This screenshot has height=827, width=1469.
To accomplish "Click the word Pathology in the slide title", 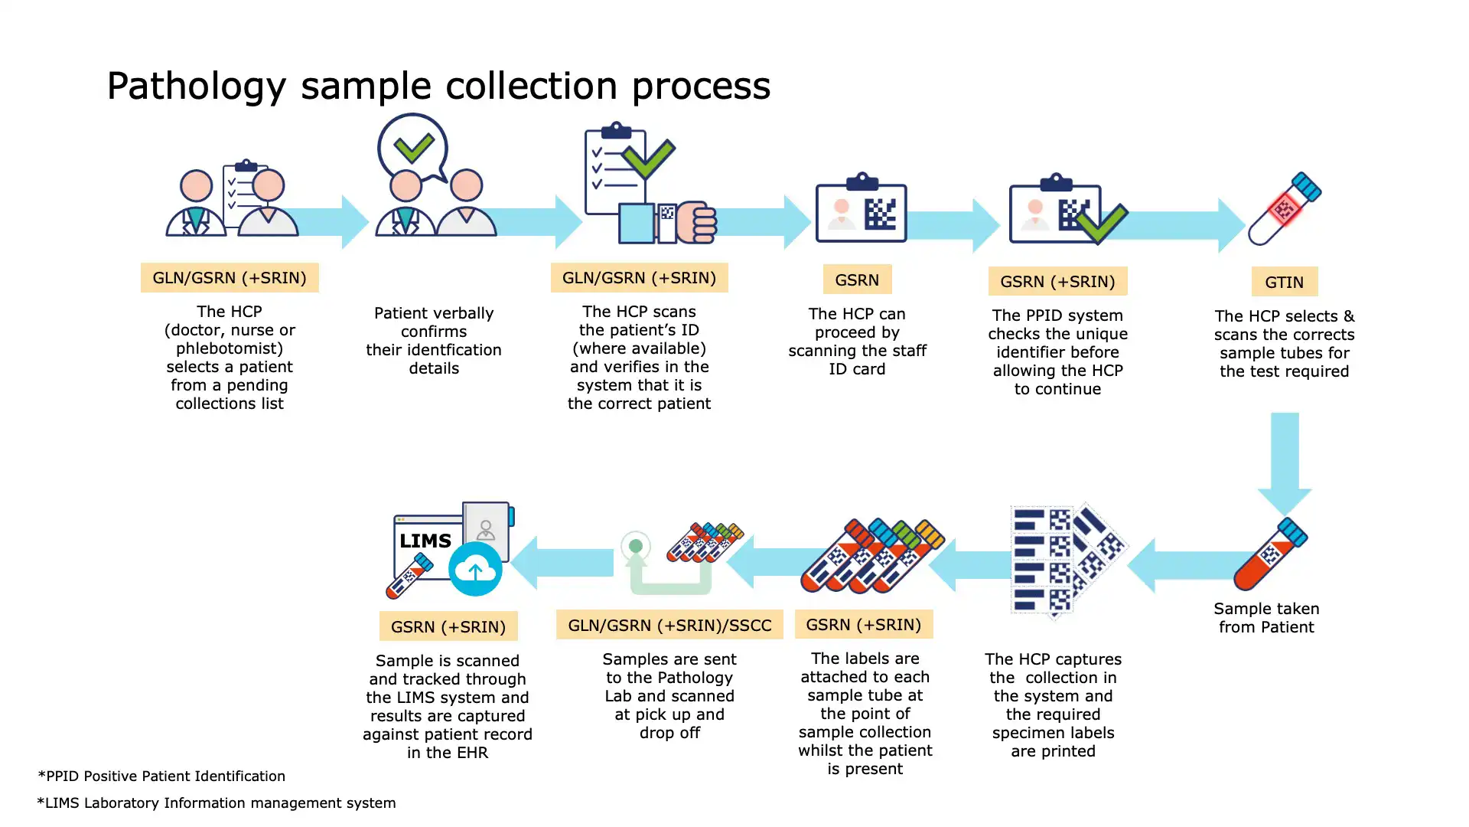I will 196,86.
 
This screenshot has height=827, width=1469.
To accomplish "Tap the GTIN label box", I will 1284,282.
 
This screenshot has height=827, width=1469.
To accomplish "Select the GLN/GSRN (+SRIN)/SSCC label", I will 669,625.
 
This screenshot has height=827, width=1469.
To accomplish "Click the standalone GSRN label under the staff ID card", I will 857,279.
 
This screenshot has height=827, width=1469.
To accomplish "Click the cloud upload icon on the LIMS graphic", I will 475,569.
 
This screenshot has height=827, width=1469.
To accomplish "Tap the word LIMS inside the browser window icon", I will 425,541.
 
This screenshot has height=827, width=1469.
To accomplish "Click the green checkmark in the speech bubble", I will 414,147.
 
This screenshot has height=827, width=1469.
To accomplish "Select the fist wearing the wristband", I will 695,222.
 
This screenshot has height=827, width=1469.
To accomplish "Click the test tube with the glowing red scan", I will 1285,208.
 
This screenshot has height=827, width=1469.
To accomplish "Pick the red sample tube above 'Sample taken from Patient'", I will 1269,554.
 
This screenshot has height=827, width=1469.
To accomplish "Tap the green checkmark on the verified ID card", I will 1102,223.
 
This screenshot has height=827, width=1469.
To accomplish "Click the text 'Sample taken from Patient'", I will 1266,618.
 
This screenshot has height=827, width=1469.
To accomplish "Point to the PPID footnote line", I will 161,776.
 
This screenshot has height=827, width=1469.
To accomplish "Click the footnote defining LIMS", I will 217,802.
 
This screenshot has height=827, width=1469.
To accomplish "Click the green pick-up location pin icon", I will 636,547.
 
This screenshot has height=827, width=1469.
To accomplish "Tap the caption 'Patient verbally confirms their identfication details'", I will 434,340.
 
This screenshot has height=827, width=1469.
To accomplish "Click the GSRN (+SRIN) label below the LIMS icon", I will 448,626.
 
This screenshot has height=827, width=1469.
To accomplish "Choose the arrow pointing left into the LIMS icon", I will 562,563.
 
